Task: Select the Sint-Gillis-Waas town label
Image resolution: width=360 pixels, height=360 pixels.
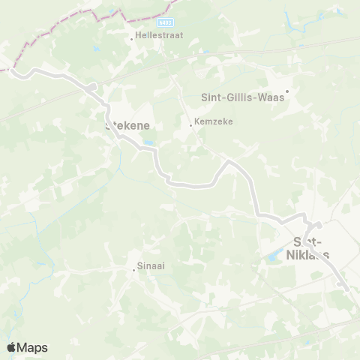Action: (243, 97)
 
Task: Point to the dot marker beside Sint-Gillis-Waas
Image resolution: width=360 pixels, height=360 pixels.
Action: (286, 91)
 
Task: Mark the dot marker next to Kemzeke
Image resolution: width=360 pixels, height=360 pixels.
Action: (191, 125)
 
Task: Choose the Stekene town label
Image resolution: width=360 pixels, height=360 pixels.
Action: (127, 126)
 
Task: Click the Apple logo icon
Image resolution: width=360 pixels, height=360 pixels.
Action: (11, 347)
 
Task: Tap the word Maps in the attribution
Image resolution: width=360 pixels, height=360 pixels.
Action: (33, 347)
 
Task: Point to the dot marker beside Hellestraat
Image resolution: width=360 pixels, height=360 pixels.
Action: (132, 38)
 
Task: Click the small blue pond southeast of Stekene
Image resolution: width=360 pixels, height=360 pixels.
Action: (150, 142)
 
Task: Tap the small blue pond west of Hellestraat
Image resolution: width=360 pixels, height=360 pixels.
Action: (96, 48)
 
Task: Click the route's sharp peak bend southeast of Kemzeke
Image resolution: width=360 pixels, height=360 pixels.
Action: (229, 161)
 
